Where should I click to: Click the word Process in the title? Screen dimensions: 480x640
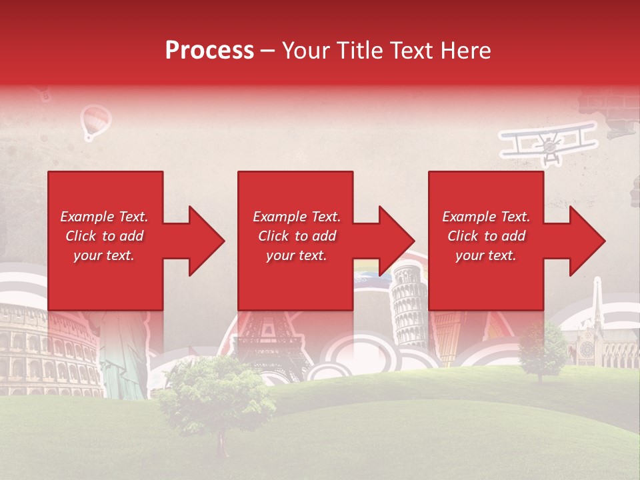tap(209, 51)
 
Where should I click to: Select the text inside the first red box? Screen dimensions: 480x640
tap(104, 236)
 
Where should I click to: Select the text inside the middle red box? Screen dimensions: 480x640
tap(296, 236)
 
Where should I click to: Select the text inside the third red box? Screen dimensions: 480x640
tap(486, 236)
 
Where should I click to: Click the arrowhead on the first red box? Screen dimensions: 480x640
tap(200, 241)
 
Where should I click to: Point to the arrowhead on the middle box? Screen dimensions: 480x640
tap(390, 241)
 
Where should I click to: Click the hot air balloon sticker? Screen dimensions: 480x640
tap(95, 122)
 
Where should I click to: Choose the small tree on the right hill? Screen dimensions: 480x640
tap(541, 348)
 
